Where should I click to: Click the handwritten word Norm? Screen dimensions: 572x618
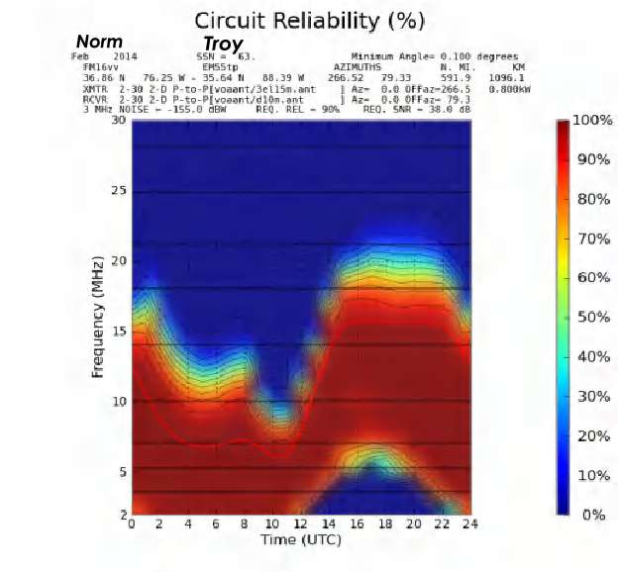point(100,43)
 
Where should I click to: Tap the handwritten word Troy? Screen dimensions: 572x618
point(223,45)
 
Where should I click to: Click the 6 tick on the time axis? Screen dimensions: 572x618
point(216,524)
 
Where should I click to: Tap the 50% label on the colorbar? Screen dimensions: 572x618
point(593,317)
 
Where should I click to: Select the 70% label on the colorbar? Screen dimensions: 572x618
point(593,238)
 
